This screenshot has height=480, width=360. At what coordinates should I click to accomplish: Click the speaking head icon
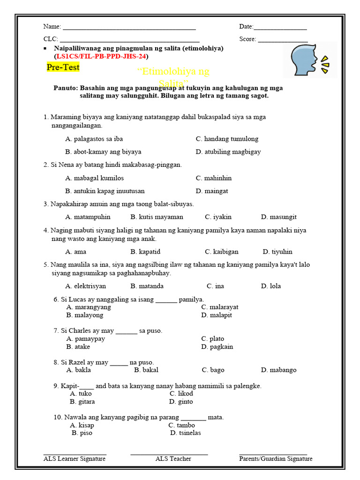click(310, 60)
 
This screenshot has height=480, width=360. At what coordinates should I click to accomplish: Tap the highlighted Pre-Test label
click(63, 67)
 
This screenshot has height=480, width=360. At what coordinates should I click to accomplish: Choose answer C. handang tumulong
click(227, 139)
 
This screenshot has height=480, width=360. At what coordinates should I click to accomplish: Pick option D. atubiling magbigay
click(228, 152)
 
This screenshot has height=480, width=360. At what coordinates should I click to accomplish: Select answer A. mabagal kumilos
click(95, 178)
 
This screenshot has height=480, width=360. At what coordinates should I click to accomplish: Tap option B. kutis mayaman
click(157, 217)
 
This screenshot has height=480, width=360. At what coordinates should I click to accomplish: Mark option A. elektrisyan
click(86, 286)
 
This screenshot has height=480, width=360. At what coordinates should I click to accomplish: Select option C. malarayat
click(220, 307)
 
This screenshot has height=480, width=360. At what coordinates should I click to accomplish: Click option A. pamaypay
click(86, 338)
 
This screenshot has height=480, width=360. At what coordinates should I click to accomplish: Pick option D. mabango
click(279, 370)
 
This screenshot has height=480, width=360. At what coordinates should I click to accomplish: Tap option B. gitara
click(82, 402)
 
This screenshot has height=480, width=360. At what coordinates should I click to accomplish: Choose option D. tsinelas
click(186, 433)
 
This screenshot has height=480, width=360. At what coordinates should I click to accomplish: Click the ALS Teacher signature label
click(173, 459)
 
